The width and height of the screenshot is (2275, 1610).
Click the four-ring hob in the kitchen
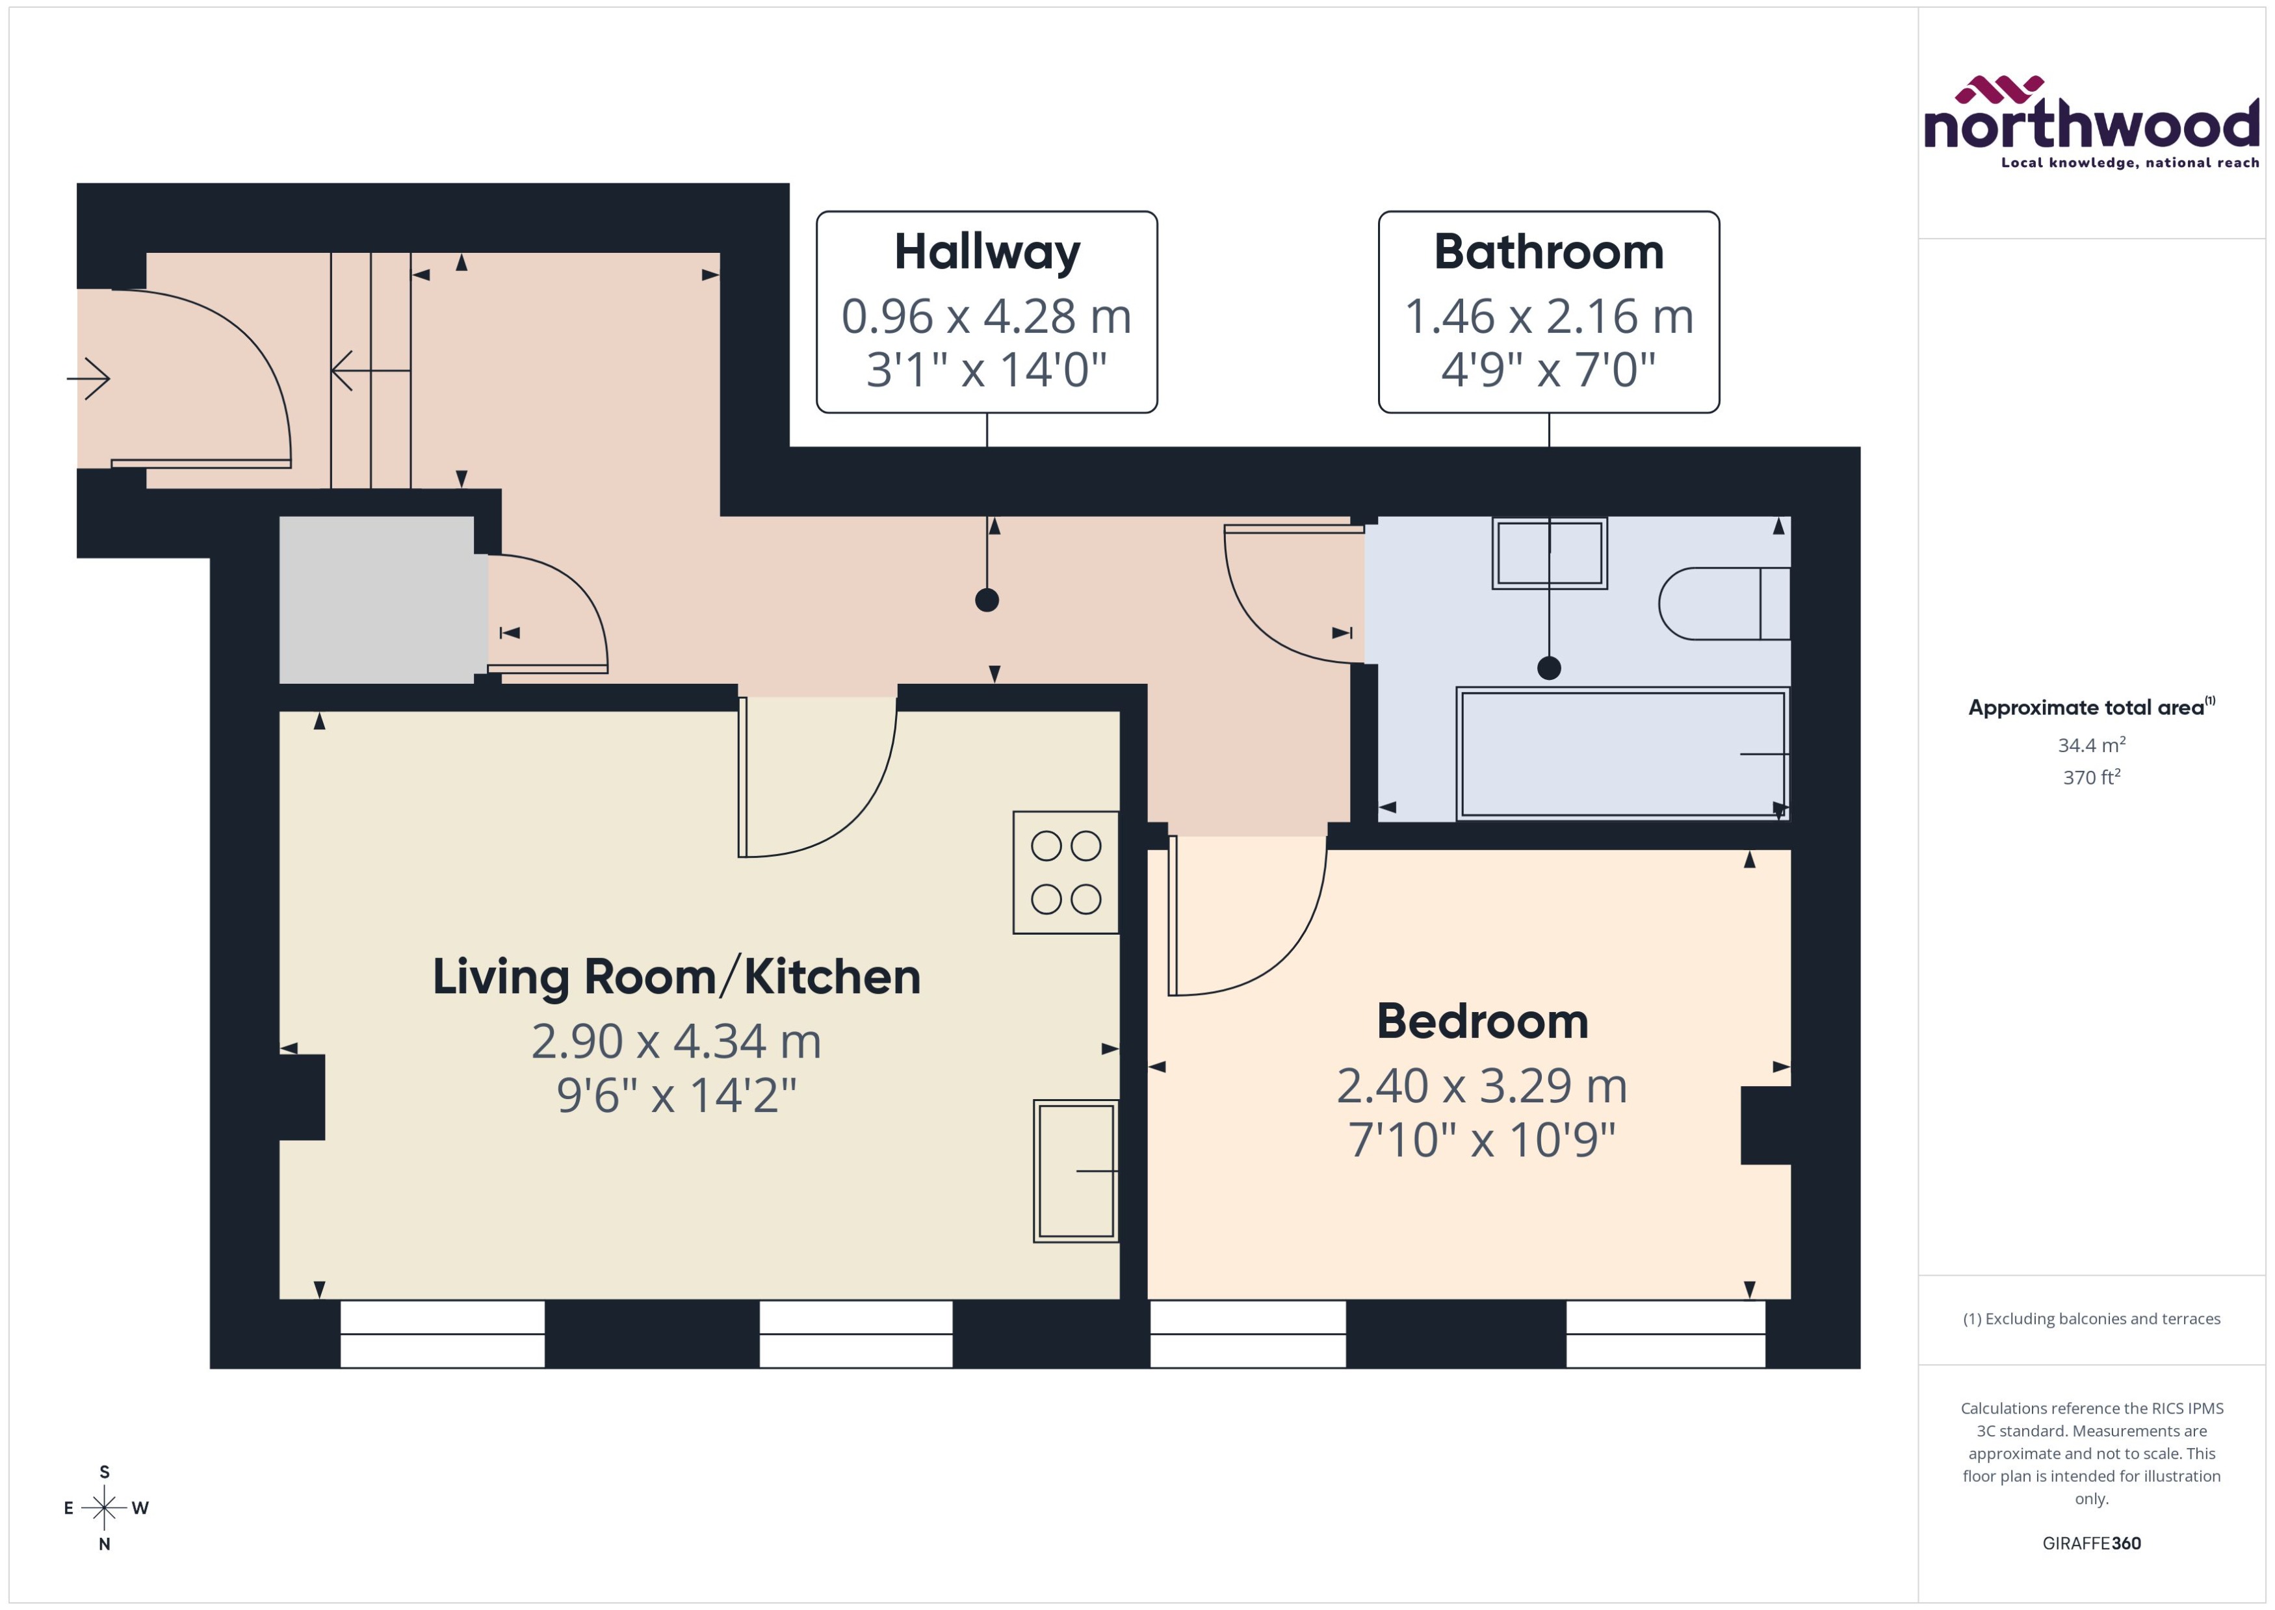click(1065, 872)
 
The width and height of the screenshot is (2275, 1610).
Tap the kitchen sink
click(1076, 1170)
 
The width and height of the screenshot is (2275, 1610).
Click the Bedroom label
click(1482, 1021)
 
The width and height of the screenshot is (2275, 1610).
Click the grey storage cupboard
click(377, 600)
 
